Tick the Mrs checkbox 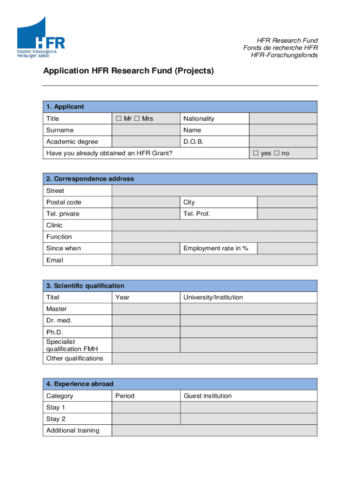137,119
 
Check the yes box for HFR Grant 256,153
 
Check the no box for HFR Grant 276,153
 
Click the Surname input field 146,130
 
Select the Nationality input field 283,119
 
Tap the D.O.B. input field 283,142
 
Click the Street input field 215,191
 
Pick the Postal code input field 146,202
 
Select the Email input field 215,260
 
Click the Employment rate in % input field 287,248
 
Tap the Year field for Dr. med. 146,320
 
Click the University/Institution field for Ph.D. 249,332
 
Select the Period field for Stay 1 146,407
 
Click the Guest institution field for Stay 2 249,419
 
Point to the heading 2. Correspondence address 90,179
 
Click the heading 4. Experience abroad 79,384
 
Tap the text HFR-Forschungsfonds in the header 284,55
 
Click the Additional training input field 215,430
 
